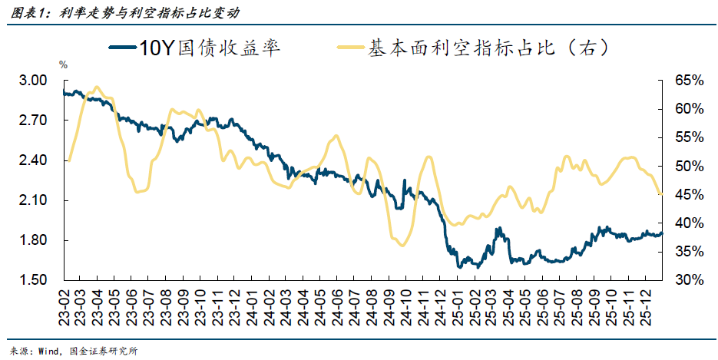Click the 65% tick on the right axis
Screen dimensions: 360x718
pos(690,81)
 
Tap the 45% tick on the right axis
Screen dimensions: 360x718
pos(690,195)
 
